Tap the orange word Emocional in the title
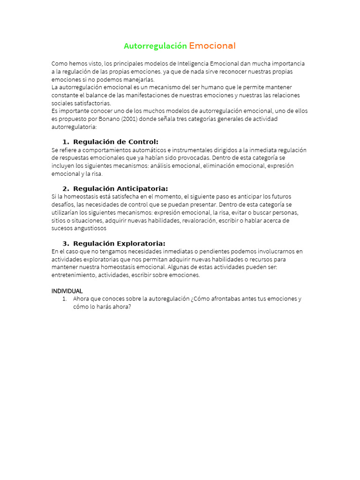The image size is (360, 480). [x=212, y=46]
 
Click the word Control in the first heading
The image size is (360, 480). [x=143, y=142]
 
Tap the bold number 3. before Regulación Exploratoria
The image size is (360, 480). [x=66, y=244]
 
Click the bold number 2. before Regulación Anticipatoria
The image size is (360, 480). [x=66, y=189]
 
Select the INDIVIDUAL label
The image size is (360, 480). [x=67, y=291]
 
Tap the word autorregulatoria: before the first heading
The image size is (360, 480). [x=74, y=127]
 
